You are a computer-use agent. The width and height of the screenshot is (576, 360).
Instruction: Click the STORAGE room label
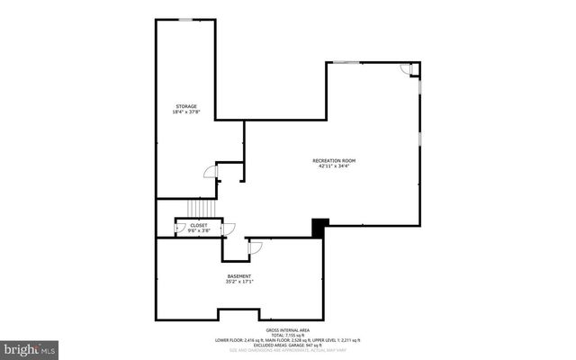tap(185, 106)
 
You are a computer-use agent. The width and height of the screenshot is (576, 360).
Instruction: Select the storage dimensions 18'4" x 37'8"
tap(185, 112)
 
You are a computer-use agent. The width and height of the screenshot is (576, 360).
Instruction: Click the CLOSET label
tap(198, 225)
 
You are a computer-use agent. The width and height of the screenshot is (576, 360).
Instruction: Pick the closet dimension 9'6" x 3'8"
tap(198, 231)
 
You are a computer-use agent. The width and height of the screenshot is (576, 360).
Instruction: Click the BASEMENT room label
tap(238, 275)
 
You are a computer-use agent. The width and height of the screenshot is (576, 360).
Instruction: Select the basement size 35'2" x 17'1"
tap(238, 282)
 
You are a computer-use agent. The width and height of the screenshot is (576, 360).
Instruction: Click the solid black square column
tap(319, 228)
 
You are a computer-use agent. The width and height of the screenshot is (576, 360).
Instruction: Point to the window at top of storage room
tap(185, 19)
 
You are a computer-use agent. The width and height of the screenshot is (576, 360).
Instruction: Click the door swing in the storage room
tap(210, 172)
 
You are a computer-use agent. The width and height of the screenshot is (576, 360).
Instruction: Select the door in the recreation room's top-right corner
tap(407, 69)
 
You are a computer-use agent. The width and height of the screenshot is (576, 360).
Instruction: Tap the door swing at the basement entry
tap(255, 246)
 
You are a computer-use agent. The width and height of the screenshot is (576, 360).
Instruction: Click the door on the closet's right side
tap(229, 229)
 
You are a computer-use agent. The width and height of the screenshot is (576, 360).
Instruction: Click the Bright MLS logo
tap(29, 346)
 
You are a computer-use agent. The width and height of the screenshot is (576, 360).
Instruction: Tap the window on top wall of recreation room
tap(346, 62)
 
